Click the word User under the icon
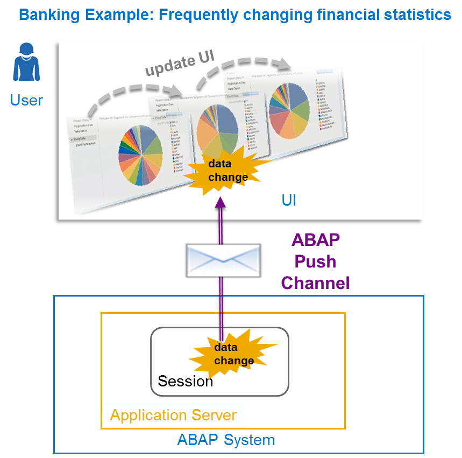click(x=26, y=100)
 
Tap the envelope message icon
click(x=223, y=259)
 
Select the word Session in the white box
click(x=185, y=382)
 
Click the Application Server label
click(x=173, y=415)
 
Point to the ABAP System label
click(x=226, y=440)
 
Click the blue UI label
click(x=289, y=201)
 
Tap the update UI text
click(x=180, y=64)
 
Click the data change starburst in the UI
click(x=228, y=170)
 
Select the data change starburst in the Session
click(x=233, y=354)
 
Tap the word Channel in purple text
click(x=315, y=283)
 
